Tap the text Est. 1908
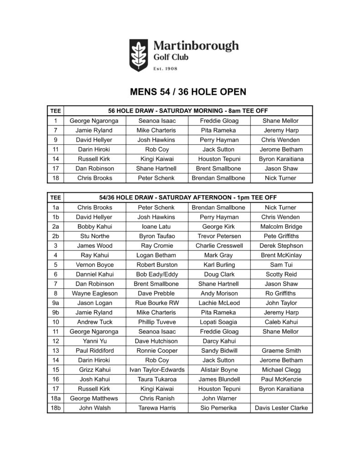[x=165, y=69]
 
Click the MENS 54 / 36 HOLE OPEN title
[x=188, y=92]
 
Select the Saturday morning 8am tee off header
[x=188, y=111]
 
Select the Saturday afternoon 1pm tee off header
[x=188, y=198]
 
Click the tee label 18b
[x=56, y=408]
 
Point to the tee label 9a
[x=56, y=303]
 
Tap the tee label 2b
[x=56, y=236]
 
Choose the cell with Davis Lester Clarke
[x=281, y=408]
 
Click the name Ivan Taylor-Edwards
[x=157, y=370]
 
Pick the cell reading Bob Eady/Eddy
[x=157, y=274]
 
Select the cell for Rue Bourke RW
[x=157, y=303]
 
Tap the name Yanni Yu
[x=95, y=341]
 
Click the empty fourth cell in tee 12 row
[x=281, y=341]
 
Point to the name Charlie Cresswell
[x=219, y=245]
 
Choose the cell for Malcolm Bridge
[x=281, y=226]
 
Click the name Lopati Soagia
[x=219, y=322]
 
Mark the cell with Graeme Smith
[x=281, y=350]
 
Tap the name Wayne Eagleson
[x=95, y=293]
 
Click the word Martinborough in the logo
[x=196, y=46]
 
